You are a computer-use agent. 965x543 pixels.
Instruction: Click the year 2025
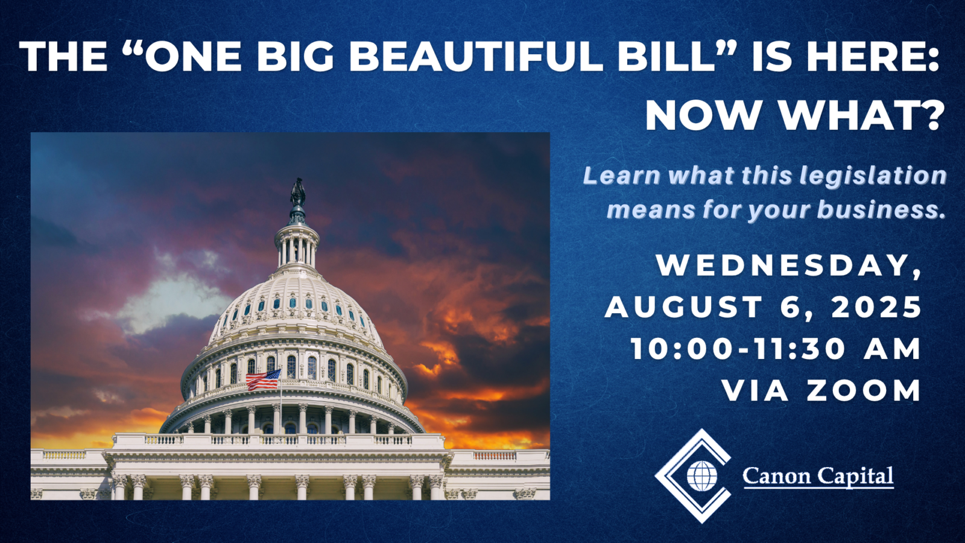tap(876, 307)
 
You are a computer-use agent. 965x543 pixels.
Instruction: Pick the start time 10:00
tap(682, 349)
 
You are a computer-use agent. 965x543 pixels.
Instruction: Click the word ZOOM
tap(864, 390)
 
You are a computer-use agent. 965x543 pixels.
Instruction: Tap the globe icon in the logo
tap(702, 476)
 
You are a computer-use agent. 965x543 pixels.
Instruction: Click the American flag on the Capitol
tap(263, 379)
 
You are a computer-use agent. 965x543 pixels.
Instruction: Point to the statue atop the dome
tap(298, 192)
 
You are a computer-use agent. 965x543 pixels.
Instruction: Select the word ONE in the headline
tap(194, 57)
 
